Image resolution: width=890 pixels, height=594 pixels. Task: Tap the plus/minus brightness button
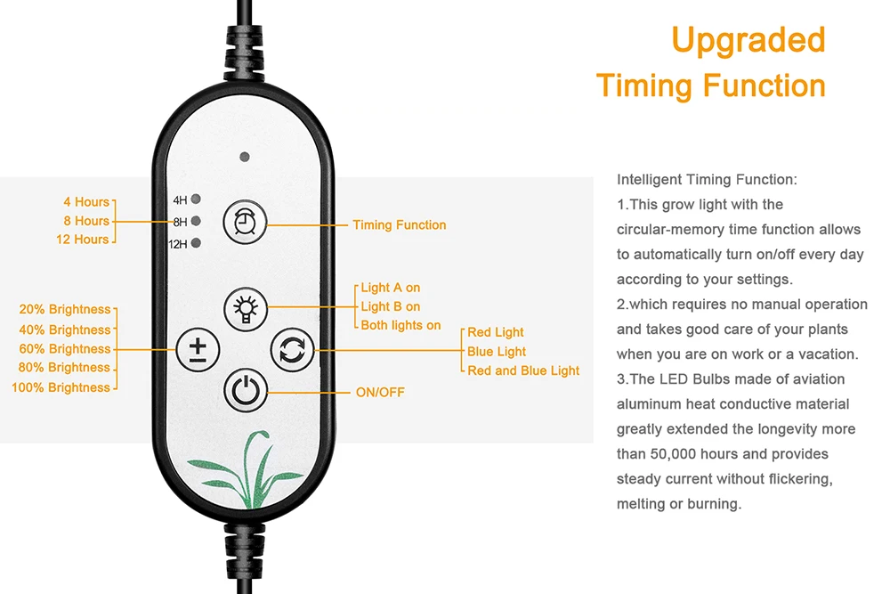(x=197, y=348)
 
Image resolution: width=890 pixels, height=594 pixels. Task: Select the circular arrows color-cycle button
(x=291, y=348)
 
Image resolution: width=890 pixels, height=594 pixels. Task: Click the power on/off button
(x=244, y=390)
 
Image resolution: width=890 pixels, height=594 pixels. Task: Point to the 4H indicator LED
(x=195, y=199)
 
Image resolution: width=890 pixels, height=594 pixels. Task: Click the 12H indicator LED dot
(x=195, y=243)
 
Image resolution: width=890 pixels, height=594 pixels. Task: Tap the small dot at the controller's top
(x=244, y=157)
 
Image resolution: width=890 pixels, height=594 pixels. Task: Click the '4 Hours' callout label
(x=85, y=202)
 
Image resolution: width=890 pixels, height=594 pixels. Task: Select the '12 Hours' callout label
(x=82, y=240)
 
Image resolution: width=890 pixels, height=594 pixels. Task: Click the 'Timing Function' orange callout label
(x=399, y=225)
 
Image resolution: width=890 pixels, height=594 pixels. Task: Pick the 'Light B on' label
(x=391, y=306)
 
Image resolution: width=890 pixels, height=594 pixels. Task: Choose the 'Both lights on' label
(x=400, y=325)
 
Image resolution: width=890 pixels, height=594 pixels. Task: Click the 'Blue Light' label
(x=497, y=352)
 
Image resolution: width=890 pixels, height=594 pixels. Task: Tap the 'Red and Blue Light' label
(x=523, y=370)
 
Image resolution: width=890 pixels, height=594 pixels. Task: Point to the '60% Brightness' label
(x=65, y=349)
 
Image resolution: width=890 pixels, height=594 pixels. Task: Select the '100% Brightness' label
(x=61, y=387)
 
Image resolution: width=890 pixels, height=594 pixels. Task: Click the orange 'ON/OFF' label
(x=380, y=392)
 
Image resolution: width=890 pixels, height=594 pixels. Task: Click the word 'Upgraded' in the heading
(x=748, y=40)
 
